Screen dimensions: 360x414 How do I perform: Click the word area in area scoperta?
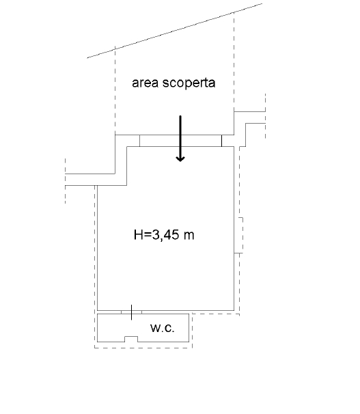[x=145, y=83]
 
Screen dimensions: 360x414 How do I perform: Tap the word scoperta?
[x=189, y=83]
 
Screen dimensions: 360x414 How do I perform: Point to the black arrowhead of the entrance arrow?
[x=180, y=158]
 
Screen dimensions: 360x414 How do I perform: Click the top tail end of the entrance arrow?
[x=180, y=116]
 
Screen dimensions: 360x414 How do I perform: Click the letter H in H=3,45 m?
[x=138, y=234]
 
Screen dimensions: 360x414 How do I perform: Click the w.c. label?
[x=163, y=328]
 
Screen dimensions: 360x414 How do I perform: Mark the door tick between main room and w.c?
[x=131, y=312]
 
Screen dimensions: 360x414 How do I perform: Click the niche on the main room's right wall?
[x=240, y=235]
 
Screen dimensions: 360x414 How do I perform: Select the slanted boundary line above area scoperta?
[x=175, y=31]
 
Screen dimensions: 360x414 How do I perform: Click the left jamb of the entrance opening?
[x=139, y=141]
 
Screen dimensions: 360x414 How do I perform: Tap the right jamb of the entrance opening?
[x=222, y=141]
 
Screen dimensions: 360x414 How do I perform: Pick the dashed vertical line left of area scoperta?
[x=115, y=90]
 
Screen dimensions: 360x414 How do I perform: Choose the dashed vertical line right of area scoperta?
[x=234, y=61]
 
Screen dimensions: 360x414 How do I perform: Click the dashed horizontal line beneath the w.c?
[x=143, y=348]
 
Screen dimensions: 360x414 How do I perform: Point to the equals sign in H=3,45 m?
[x=148, y=235]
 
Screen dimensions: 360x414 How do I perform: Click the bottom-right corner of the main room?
[x=234, y=310]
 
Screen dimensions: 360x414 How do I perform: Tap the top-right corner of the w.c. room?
[x=189, y=314]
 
